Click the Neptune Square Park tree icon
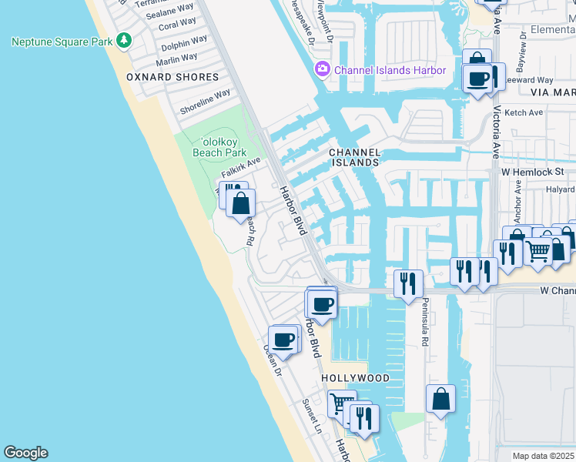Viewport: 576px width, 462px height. [x=124, y=41]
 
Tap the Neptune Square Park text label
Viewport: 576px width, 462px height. [x=62, y=41]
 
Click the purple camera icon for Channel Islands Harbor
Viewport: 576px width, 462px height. [x=321, y=70]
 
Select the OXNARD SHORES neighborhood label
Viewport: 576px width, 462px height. [x=173, y=77]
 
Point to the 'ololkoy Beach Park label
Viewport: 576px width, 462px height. [x=219, y=146]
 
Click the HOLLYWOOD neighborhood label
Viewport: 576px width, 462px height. [x=356, y=378]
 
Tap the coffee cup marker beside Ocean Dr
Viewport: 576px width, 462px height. [x=284, y=339]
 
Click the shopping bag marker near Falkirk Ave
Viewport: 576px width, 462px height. [x=241, y=203]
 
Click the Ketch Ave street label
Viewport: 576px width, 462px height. [x=524, y=112]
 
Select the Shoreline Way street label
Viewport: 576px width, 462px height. [x=205, y=102]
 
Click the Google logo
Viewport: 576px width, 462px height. [x=25, y=453]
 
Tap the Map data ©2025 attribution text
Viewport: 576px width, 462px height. [x=543, y=456]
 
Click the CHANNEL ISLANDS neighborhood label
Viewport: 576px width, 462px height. [x=355, y=158]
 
